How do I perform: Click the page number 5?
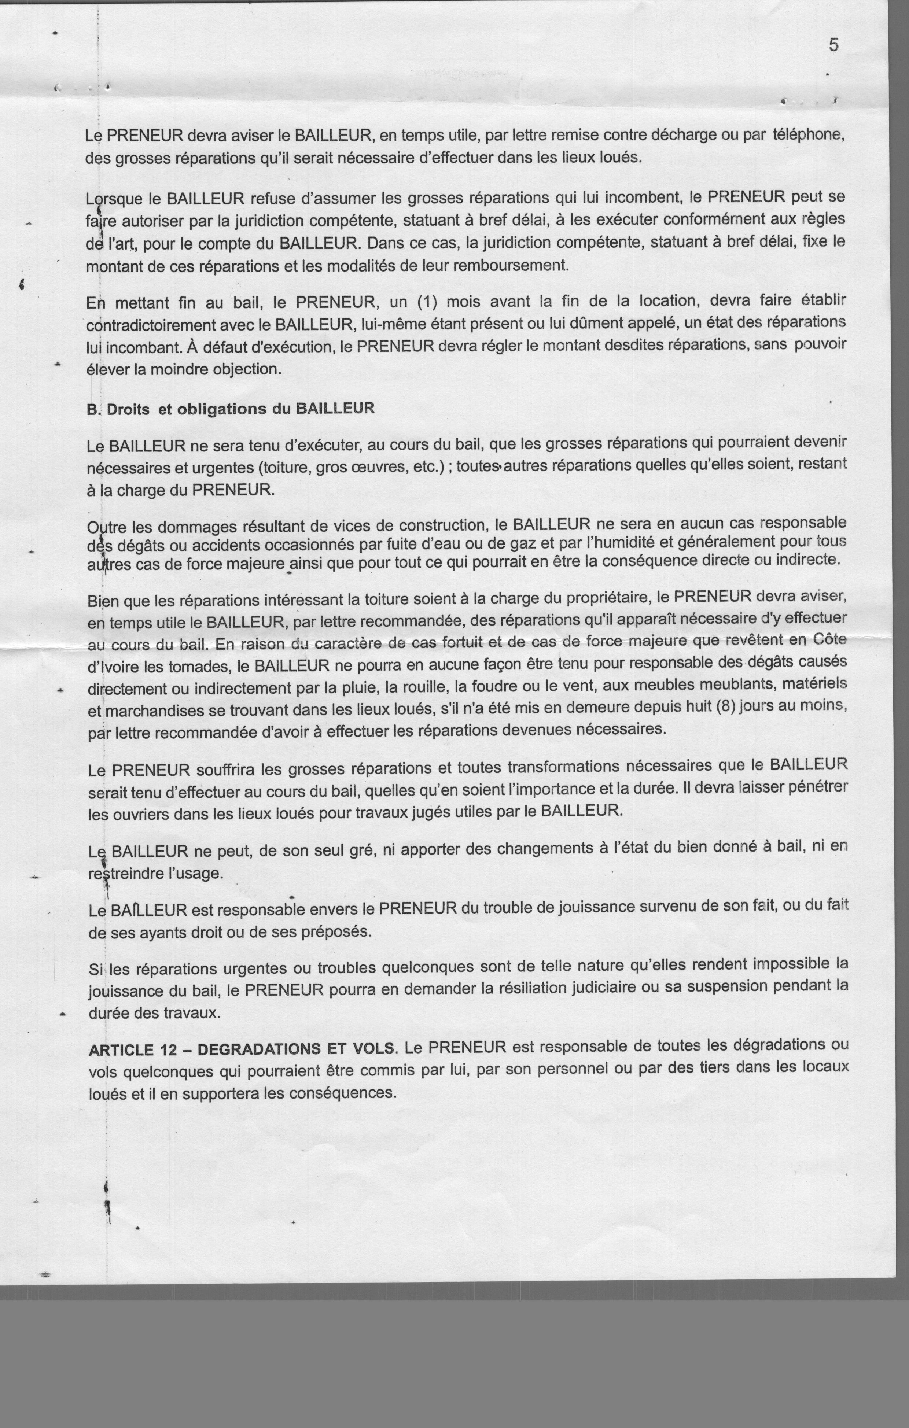pos(833,46)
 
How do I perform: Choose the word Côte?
pos(830,640)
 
